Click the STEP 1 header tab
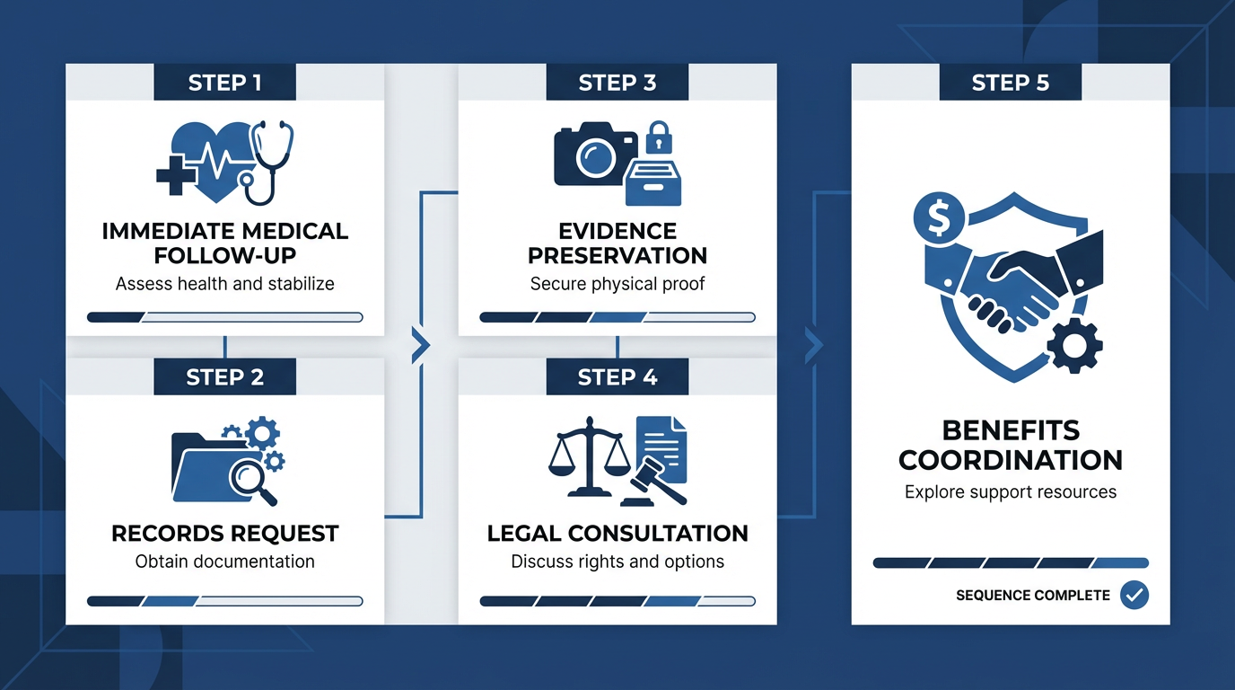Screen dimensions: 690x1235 point(224,84)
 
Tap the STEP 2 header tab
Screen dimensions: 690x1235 point(224,377)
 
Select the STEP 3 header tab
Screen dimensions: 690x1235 point(617,84)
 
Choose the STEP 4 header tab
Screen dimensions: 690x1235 point(617,377)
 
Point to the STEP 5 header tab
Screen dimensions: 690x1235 point(1011,84)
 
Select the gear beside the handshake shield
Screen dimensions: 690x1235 point(1074,345)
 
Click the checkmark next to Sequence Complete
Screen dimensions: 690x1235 point(1134,595)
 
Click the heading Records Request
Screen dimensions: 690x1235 point(224,534)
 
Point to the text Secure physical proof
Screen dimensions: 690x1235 point(617,284)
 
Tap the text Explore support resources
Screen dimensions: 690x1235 point(1011,492)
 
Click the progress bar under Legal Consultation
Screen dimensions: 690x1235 point(617,601)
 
